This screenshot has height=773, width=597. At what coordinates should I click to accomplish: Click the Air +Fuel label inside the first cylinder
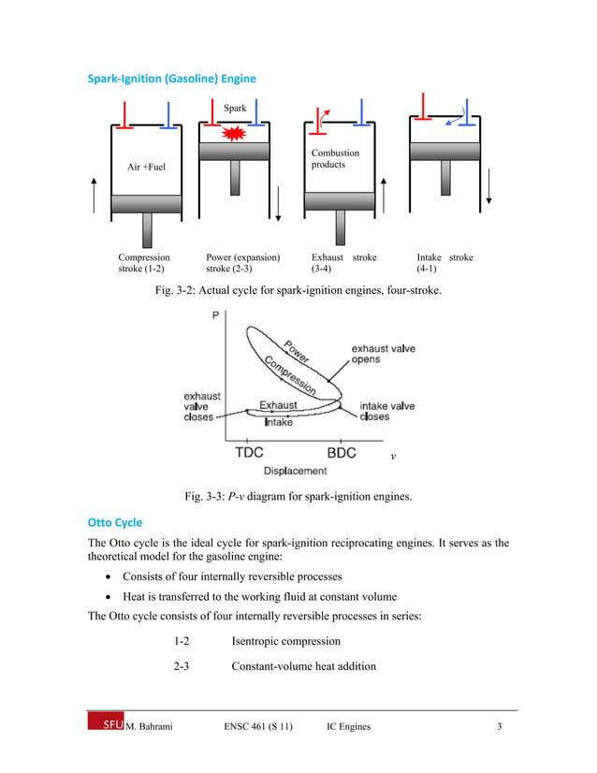(x=146, y=168)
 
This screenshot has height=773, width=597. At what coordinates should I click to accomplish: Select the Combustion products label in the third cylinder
(x=335, y=158)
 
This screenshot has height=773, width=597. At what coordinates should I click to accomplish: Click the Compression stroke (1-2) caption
(x=144, y=263)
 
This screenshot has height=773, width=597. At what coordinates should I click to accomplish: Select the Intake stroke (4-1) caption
(x=444, y=263)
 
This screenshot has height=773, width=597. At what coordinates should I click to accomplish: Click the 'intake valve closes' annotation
(x=387, y=412)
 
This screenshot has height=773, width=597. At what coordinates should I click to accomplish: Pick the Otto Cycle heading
(x=115, y=522)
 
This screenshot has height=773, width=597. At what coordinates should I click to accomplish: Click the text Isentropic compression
(x=285, y=641)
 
